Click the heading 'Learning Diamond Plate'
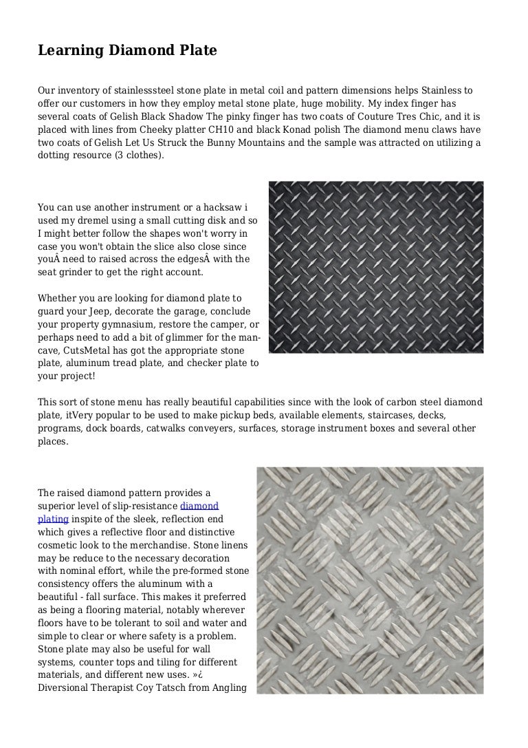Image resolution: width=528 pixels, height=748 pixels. click(x=127, y=50)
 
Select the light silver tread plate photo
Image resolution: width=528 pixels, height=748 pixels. click(x=370, y=580)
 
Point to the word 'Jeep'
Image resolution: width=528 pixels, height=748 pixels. click(x=86, y=311)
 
